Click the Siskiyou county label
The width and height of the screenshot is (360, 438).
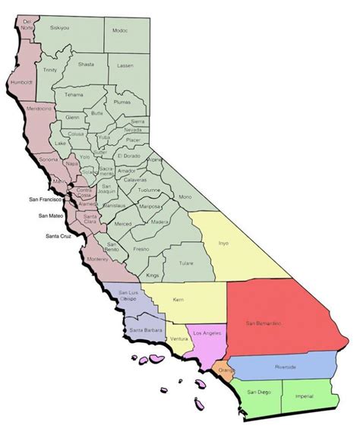60,27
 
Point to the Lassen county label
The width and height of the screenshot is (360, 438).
125,67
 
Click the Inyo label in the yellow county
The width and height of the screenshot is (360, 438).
223,244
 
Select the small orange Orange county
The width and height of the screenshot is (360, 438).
225,370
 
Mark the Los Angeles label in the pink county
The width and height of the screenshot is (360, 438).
207,334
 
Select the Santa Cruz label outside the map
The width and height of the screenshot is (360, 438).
61,236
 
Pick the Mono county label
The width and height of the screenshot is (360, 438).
205,197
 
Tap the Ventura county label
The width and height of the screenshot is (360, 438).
179,338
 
